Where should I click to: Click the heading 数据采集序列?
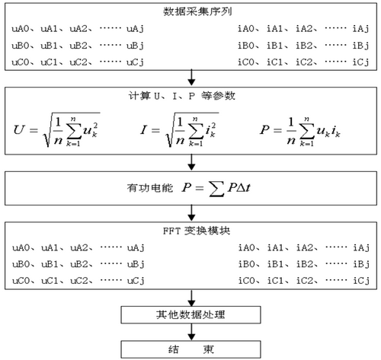[x=197, y=12]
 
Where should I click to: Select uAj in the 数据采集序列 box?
[x=135, y=29]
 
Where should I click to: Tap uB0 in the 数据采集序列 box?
[x=21, y=46]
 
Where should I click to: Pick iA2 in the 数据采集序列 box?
[x=304, y=29]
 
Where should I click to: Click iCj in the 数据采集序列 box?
[x=360, y=62]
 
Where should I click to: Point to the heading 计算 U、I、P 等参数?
[x=181, y=96]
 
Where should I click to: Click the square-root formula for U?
[x=56, y=129]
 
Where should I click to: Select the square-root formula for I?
[x=179, y=129]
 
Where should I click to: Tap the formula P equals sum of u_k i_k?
[x=299, y=131]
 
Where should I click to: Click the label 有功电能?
[x=149, y=188]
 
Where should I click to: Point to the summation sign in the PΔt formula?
[x=216, y=189]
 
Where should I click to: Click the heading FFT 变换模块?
[x=197, y=231]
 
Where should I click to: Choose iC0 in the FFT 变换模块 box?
[x=246, y=281]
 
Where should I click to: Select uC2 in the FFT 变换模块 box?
[x=79, y=281]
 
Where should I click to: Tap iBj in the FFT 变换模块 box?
[x=361, y=264]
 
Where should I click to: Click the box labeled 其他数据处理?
[x=190, y=315]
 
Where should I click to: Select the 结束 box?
[x=190, y=349]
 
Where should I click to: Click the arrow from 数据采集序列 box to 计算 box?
[x=191, y=78]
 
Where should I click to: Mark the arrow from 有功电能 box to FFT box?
[x=191, y=213]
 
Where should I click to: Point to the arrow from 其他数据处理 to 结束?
[x=191, y=332]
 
